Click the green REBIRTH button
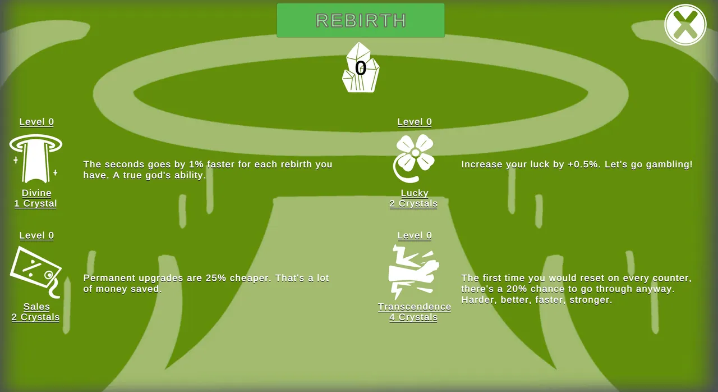pyautogui.click(x=361, y=20)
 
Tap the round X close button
pyautogui.click(x=685, y=25)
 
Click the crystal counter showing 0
pyautogui.click(x=361, y=67)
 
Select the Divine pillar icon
pyautogui.click(x=35, y=158)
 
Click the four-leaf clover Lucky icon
pyautogui.click(x=414, y=158)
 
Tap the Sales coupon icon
pyautogui.click(x=35, y=272)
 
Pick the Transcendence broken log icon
pyautogui.click(x=414, y=272)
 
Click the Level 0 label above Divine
pyautogui.click(x=36, y=122)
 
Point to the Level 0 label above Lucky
pyautogui.click(x=415, y=122)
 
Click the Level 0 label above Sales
pyautogui.click(x=36, y=235)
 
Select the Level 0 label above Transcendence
pyautogui.click(x=415, y=235)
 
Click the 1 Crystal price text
pyautogui.click(x=35, y=204)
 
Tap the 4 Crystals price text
pyautogui.click(x=413, y=317)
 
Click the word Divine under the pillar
pyautogui.click(x=36, y=193)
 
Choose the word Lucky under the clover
pyautogui.click(x=415, y=193)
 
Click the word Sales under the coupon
pyautogui.click(x=36, y=307)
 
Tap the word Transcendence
pyautogui.click(x=415, y=307)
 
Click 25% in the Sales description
pyautogui.click(x=216, y=278)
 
